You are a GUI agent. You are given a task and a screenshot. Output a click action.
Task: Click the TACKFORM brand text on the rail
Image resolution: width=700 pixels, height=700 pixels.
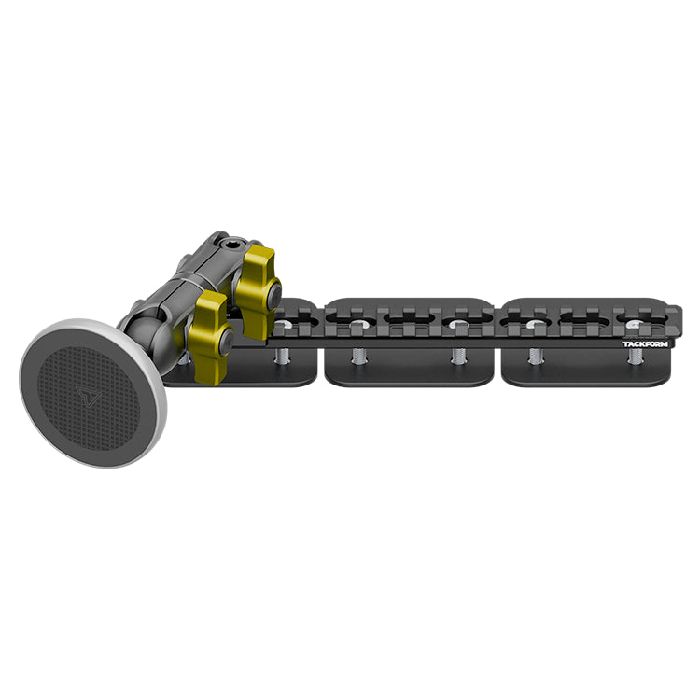[645, 344]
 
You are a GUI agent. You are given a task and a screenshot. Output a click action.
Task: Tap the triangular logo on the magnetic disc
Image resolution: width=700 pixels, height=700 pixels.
[87, 396]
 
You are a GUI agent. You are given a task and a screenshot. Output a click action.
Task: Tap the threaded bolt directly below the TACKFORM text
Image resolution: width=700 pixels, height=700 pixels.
[635, 357]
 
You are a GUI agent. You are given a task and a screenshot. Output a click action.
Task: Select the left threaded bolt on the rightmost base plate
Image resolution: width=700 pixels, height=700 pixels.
[535, 357]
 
